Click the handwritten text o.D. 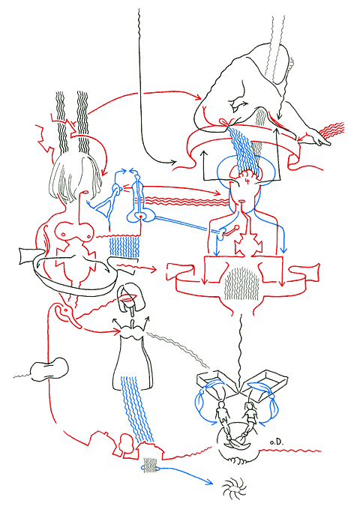click(277, 442)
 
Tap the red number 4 click(247, 181)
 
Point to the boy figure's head click(222, 405)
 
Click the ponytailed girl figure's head click(251, 405)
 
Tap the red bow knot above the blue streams click(226, 122)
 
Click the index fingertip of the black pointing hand click(329, 144)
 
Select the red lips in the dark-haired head click(127, 298)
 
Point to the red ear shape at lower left click(66, 313)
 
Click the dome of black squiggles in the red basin click(242, 283)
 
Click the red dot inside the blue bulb click(141, 216)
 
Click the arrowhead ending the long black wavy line click(173, 161)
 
